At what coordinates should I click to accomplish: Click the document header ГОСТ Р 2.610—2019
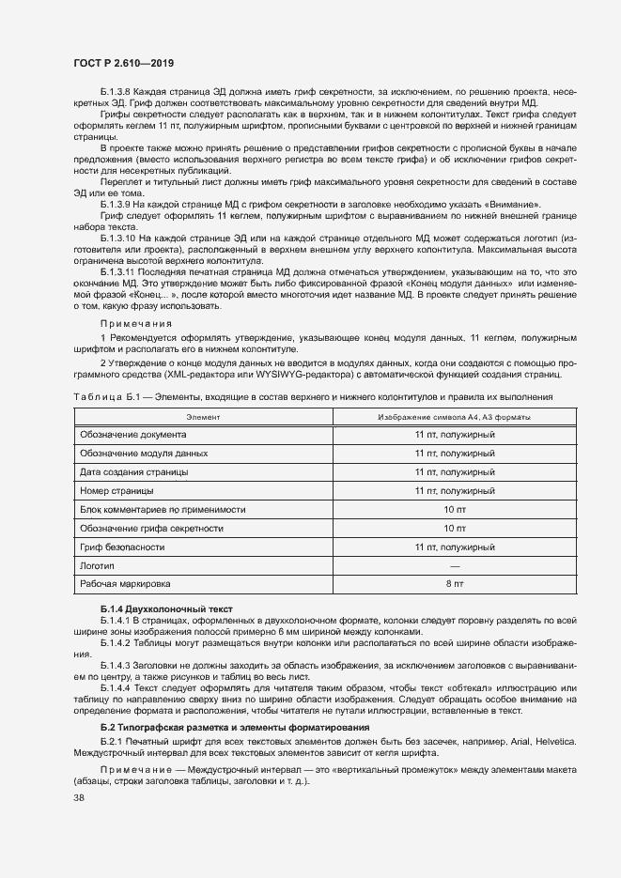122,61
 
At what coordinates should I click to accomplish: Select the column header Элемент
203,416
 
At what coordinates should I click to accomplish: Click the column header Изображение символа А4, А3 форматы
455,416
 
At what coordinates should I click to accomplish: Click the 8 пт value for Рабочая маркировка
455,584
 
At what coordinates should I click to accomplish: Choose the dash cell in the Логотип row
455,565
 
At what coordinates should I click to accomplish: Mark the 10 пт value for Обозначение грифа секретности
455,528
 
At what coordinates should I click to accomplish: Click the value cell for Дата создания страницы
455,472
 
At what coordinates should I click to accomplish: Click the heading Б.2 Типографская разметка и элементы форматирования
235,728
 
